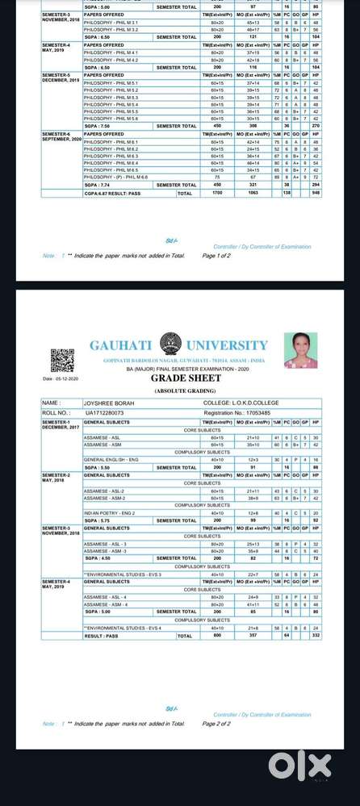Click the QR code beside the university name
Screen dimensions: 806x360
pos(62,360)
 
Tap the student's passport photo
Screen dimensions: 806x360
pos(300,351)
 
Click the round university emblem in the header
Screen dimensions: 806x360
pos(170,345)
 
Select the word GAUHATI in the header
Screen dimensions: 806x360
pos(120,346)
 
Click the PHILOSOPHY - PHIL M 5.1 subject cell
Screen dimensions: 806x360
pos(111,83)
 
